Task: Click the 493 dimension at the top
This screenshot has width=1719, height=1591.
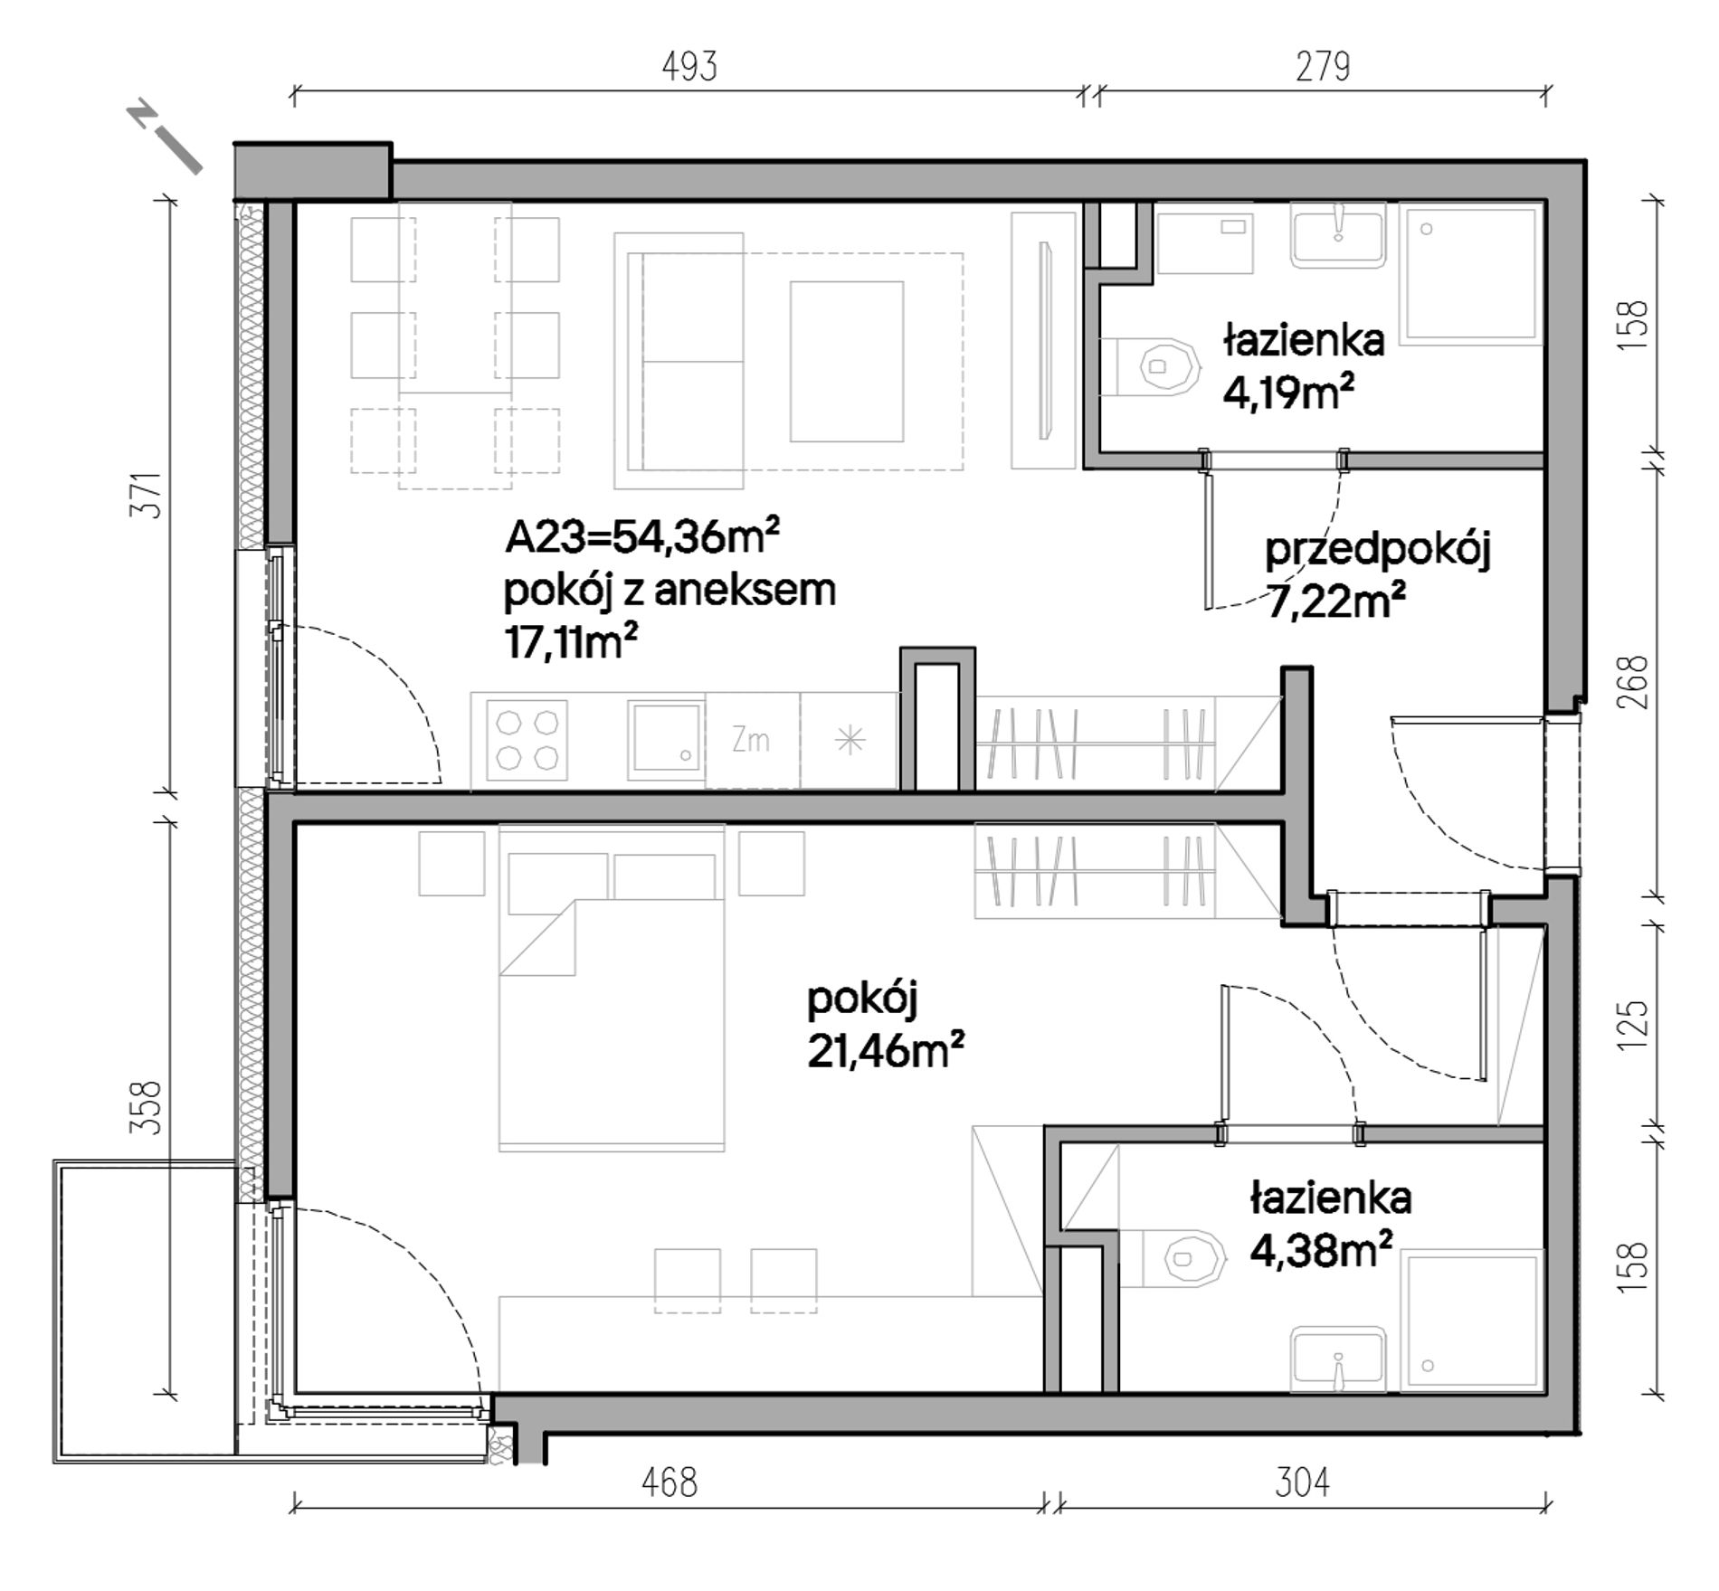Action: (x=689, y=67)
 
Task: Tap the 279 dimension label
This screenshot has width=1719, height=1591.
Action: (x=1323, y=67)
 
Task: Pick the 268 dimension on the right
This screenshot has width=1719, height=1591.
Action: (x=1637, y=682)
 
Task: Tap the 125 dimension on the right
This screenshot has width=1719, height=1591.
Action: (x=1637, y=1024)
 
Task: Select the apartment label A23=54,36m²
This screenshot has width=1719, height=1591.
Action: (x=642, y=537)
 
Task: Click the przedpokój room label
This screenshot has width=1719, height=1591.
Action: (x=1377, y=550)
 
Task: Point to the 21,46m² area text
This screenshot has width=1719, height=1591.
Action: (x=886, y=1050)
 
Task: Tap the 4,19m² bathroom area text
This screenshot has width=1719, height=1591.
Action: (x=1288, y=393)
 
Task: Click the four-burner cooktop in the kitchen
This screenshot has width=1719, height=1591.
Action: (x=527, y=740)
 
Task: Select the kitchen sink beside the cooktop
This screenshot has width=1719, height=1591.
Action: (x=667, y=740)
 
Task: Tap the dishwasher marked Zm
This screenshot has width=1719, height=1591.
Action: (x=752, y=740)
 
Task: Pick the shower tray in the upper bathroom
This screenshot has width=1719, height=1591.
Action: (x=1471, y=273)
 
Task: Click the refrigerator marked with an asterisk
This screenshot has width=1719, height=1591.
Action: (x=849, y=740)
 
